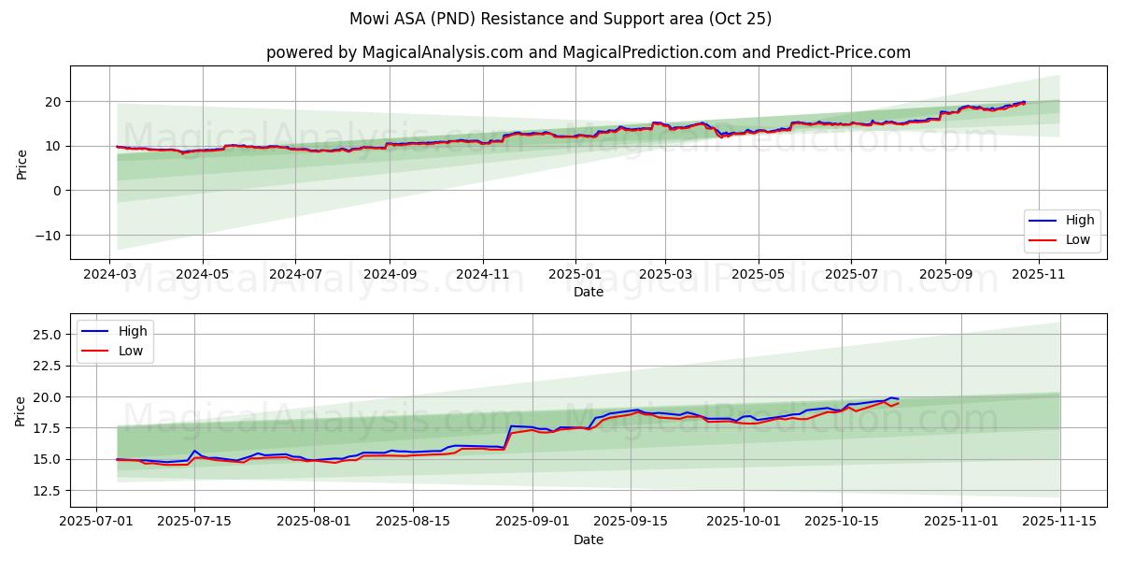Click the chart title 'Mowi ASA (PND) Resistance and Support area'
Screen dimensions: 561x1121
click(560, 19)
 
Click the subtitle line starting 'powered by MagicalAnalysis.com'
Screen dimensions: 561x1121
click(589, 52)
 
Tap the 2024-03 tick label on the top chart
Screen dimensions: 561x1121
click(110, 274)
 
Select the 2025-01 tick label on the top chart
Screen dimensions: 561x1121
click(575, 274)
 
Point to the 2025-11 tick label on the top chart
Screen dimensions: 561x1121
click(1038, 274)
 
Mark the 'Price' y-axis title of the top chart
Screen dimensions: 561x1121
click(22, 164)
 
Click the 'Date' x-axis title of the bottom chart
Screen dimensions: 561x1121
click(589, 539)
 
